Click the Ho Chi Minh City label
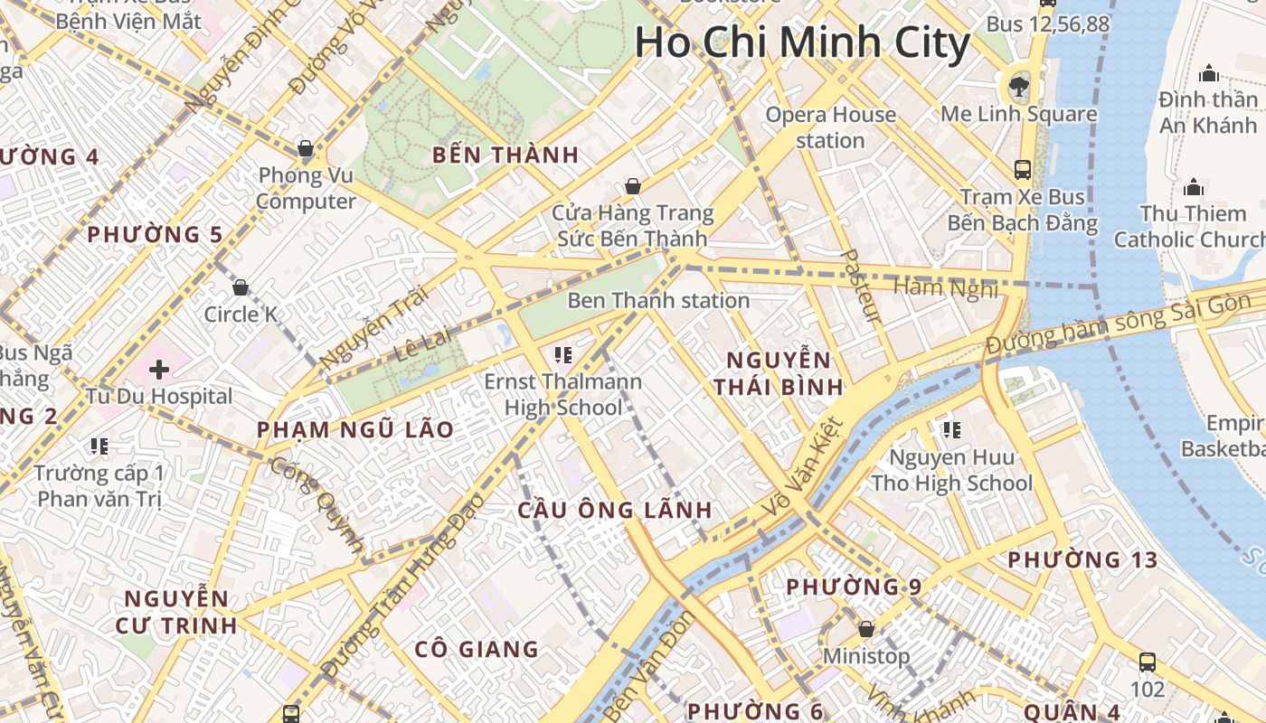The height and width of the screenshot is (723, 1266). [802, 42]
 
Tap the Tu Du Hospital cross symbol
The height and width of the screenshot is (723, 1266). [159, 370]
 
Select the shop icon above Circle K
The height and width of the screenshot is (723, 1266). [241, 288]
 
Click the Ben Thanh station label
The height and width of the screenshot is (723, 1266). [658, 300]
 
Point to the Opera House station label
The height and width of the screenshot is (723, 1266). [830, 127]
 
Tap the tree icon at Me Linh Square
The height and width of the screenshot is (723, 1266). [1019, 87]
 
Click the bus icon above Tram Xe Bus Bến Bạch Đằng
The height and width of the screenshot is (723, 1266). [1023, 169]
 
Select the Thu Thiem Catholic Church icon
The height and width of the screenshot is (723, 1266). [1194, 188]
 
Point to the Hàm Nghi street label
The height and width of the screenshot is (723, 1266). [946, 288]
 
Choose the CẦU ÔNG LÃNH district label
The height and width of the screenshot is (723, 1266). [615, 510]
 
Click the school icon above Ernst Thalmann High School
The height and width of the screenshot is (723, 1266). [563, 354]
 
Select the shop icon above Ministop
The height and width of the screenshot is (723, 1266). [866, 629]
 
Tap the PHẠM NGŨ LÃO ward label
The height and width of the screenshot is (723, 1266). [355, 430]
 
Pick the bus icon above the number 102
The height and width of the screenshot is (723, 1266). [1148, 662]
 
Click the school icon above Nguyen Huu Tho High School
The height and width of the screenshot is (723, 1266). [951, 430]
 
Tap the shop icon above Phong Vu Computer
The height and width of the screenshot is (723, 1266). [306, 148]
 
